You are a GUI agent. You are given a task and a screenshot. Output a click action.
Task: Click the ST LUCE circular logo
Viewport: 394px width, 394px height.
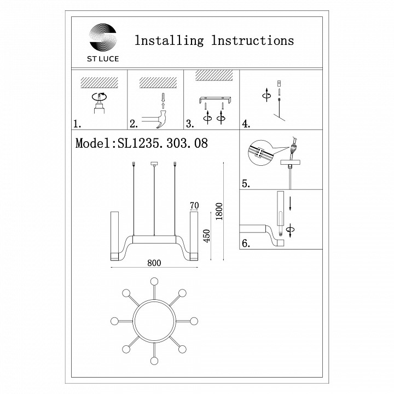pos(103,37)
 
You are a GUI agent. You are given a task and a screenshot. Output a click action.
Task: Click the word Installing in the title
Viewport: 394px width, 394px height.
pos(169,40)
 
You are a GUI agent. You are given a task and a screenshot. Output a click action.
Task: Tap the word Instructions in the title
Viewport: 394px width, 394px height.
pos(252,40)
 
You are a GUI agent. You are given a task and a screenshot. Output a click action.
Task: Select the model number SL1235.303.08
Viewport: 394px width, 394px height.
pos(163,143)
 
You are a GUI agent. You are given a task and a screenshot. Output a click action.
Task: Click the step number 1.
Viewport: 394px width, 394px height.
pos(77,124)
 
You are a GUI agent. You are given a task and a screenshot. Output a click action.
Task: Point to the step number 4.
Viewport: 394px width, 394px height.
pos(246,124)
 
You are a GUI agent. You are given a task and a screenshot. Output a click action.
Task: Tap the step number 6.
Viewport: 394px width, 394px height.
pos(246,243)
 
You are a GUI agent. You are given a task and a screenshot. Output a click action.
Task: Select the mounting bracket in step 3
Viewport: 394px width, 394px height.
pos(215,100)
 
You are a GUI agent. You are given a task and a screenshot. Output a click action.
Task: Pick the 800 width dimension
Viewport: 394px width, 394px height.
pos(154,263)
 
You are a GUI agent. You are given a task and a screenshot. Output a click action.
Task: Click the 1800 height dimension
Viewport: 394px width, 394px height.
pos(219,211)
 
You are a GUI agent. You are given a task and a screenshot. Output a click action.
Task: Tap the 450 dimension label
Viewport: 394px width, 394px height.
pos(206,236)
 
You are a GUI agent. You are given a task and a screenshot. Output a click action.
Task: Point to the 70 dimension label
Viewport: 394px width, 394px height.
pos(194,206)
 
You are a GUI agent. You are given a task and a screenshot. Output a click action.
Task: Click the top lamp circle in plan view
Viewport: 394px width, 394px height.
pos(154,281)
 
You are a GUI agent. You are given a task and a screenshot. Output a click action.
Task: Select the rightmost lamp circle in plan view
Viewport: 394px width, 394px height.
pos(194,321)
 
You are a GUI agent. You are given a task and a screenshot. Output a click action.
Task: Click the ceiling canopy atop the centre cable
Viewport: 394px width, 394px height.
pos(154,164)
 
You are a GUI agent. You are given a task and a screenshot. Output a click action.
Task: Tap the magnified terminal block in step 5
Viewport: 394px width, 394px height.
pos(258,152)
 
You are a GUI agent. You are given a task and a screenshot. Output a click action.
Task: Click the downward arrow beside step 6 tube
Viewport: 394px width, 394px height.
pos(290,203)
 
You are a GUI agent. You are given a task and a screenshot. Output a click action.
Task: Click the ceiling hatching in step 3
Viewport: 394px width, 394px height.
pos(214,75)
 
